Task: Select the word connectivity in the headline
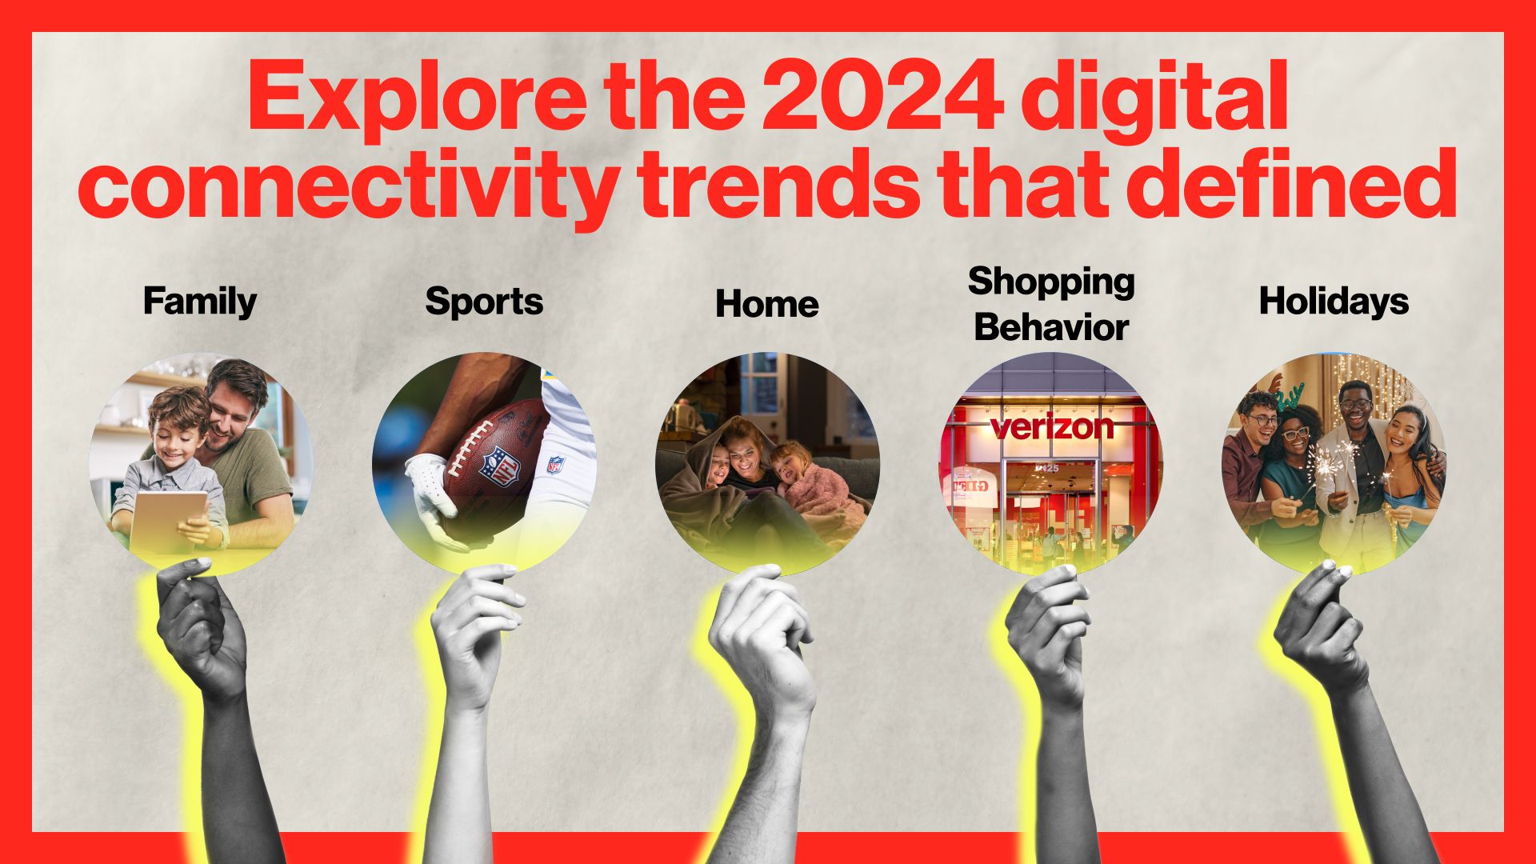tap(344, 186)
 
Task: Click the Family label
tap(200, 302)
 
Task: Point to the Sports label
tap(484, 302)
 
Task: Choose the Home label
tap(766, 304)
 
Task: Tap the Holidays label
tap(1334, 302)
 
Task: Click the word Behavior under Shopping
tap(1051, 327)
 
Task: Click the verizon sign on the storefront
tap(1051, 426)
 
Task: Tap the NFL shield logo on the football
tap(499, 464)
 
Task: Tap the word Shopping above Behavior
tap(1051, 282)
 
